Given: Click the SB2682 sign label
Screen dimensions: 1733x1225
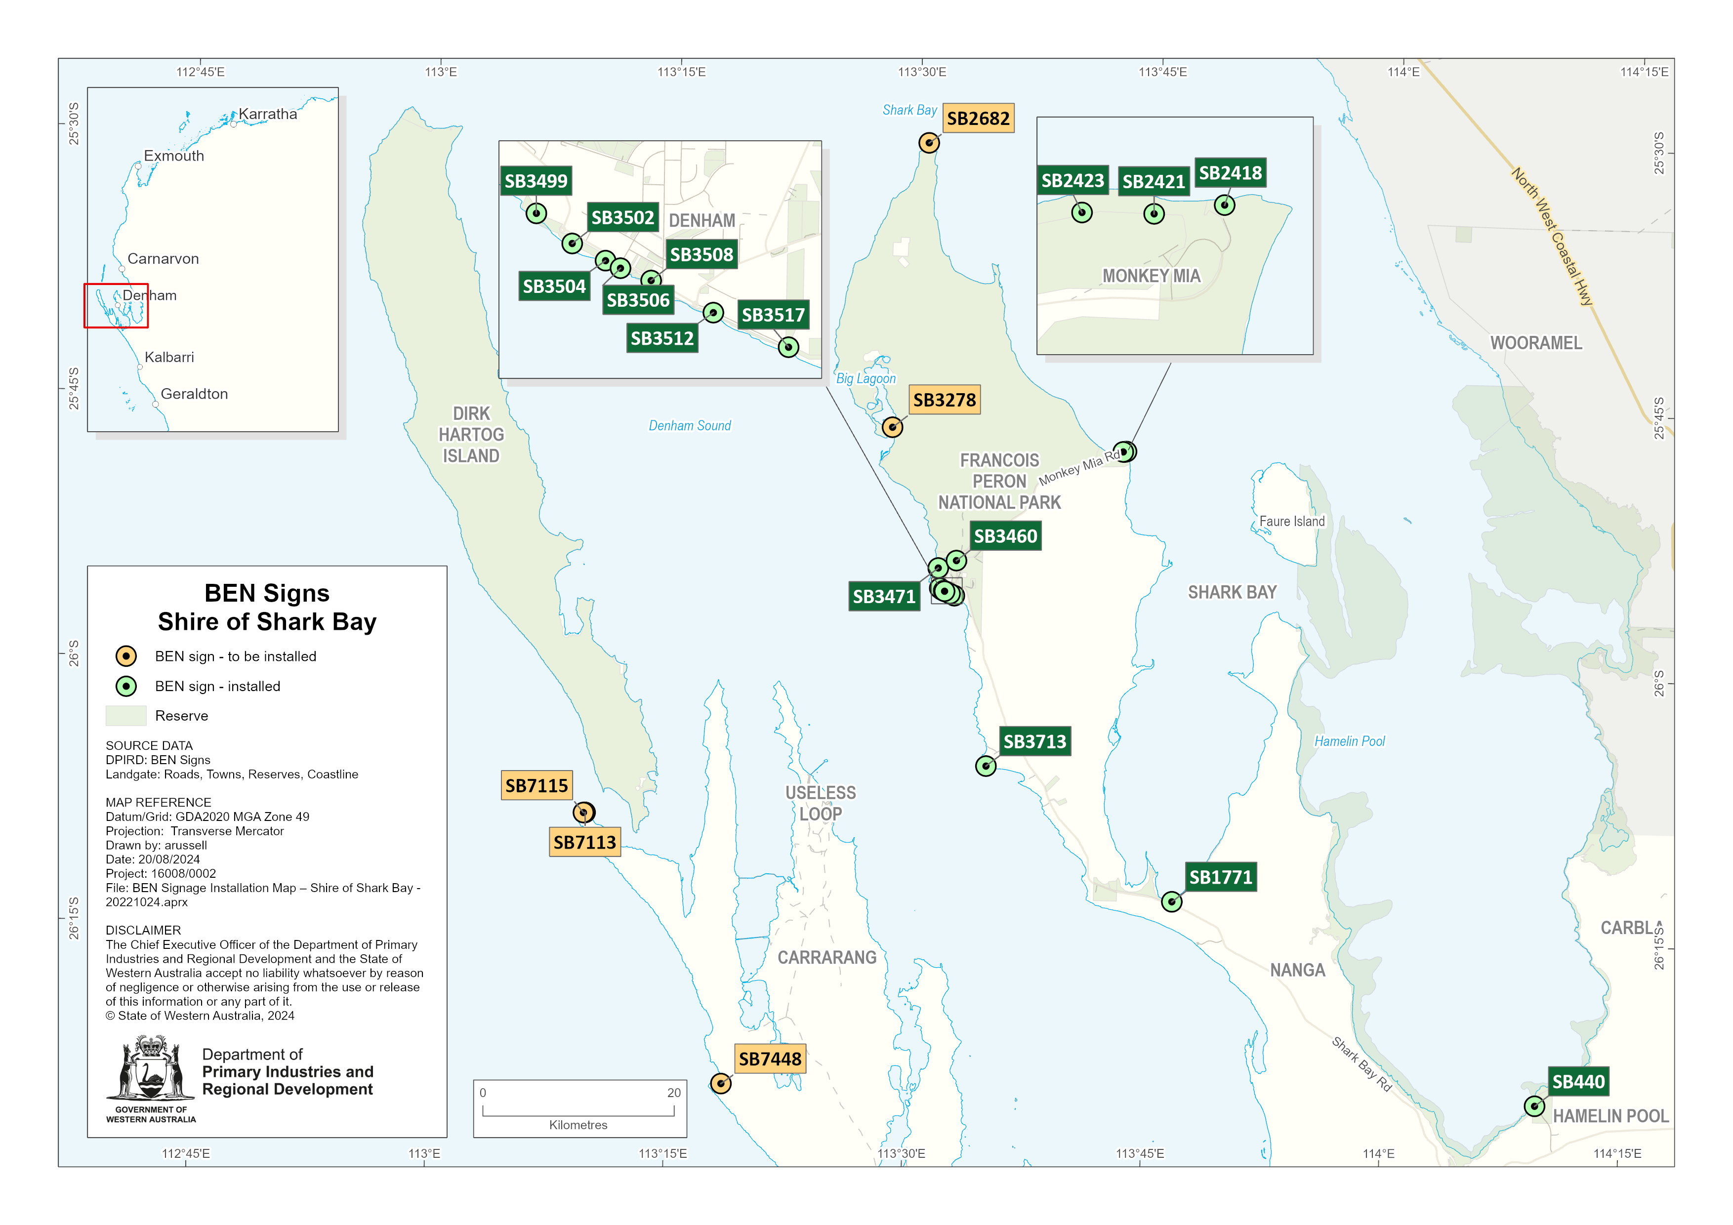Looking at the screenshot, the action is coord(978,119).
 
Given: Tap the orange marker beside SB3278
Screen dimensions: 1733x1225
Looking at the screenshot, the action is coord(892,427).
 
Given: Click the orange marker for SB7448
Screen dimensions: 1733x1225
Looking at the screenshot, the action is coord(721,1084).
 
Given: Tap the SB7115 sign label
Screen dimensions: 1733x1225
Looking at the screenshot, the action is coord(536,786).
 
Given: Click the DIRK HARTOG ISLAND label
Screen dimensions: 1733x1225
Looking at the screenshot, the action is coord(471,435).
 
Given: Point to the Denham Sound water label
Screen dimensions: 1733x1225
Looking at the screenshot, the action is coord(689,426).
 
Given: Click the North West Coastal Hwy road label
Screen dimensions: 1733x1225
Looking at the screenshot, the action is coord(1552,236).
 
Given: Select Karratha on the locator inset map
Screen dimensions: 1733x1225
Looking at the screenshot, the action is coord(267,114).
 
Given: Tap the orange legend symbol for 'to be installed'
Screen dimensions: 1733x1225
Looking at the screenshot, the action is coord(126,656).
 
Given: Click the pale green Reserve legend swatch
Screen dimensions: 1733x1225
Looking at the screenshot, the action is coord(126,716).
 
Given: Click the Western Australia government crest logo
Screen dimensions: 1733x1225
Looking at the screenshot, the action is coord(151,1070).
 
